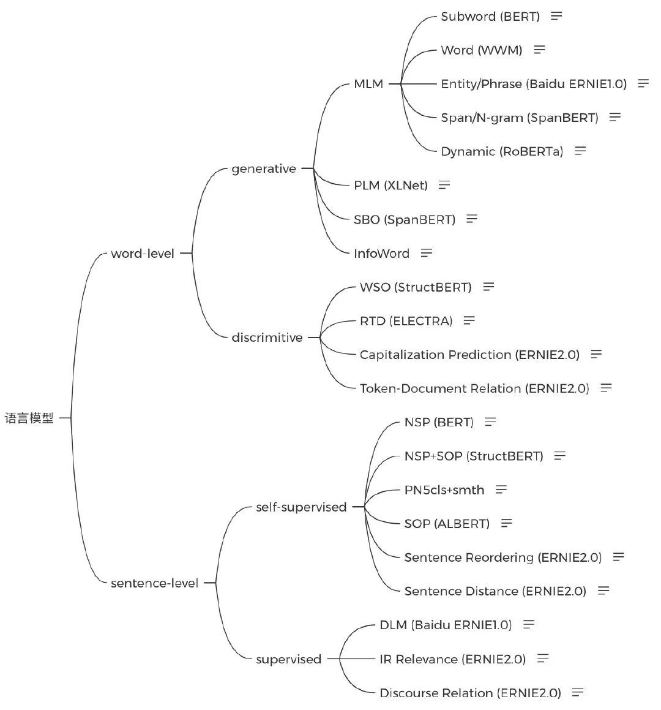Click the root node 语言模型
click(29, 418)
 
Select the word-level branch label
click(143, 254)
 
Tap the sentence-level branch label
click(154, 583)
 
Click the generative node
click(264, 168)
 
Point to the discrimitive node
click(267, 337)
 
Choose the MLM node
click(368, 84)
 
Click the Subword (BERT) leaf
click(490, 17)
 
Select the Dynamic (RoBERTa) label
click(502, 151)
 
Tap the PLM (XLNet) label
click(390, 185)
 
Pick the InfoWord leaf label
click(381, 253)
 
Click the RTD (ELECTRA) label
click(406, 321)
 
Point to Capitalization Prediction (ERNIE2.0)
click(469, 355)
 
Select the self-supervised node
click(301, 507)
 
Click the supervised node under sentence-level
click(288, 659)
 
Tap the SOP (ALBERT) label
click(447, 524)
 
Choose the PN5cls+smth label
click(444, 490)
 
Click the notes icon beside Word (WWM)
click(539, 50)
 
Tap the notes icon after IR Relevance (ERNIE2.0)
click(542, 659)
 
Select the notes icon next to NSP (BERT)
click(490, 422)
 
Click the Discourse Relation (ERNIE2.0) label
click(470, 693)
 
